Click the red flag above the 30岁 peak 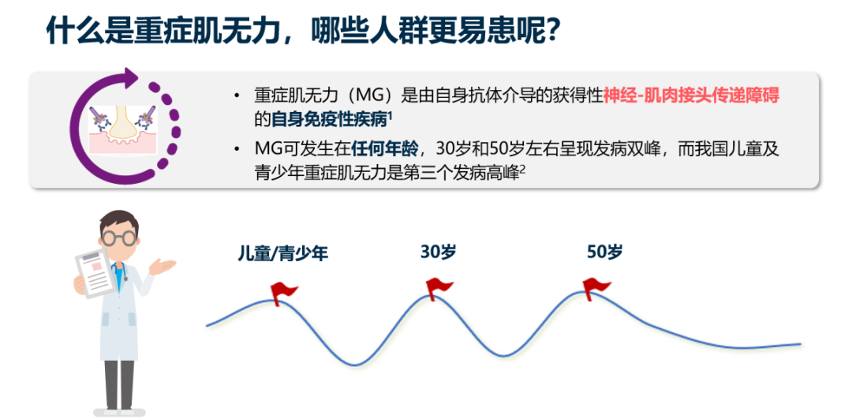pyautogui.click(x=439, y=288)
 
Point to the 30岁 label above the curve pyautogui.click(x=438, y=252)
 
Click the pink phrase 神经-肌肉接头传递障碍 pyautogui.click(x=690, y=95)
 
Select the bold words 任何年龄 pyautogui.click(x=385, y=148)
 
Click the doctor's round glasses pyautogui.click(x=118, y=237)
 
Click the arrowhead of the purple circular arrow pyautogui.click(x=129, y=78)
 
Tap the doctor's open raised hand pyautogui.click(x=162, y=266)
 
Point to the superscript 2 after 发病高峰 pyautogui.click(x=523, y=170)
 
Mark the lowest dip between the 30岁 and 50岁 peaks pyautogui.click(x=505, y=356)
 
